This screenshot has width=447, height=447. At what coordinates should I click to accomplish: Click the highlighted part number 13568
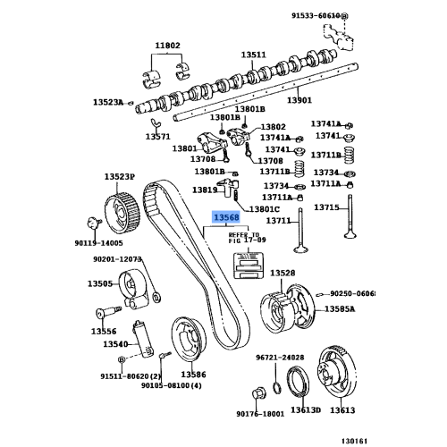pyautogui.click(x=224, y=216)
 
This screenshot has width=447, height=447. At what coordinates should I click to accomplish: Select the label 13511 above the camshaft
pyautogui.click(x=257, y=55)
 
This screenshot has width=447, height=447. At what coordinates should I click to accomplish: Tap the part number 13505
pyautogui.click(x=99, y=284)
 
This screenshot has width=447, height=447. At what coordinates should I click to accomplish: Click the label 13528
pyautogui.click(x=283, y=272)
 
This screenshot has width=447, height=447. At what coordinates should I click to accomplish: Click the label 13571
pyautogui.click(x=158, y=137)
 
